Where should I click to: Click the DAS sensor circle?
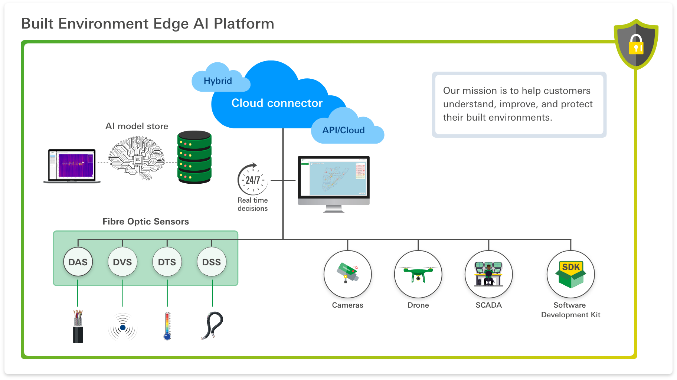coord(78,262)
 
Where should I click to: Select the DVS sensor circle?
coord(122,262)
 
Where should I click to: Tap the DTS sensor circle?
coord(167,262)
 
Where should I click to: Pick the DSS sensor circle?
coord(212,262)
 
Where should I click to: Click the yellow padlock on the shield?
coord(636,45)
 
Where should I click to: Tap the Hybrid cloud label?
coord(218,81)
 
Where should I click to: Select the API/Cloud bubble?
coord(344,130)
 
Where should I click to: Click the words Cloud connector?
coord(277,103)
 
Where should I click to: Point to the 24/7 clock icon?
coord(253,180)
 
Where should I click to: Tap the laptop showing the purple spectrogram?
coord(72,166)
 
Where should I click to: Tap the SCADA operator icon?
coord(488,274)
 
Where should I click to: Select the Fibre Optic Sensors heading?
coord(145,222)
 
